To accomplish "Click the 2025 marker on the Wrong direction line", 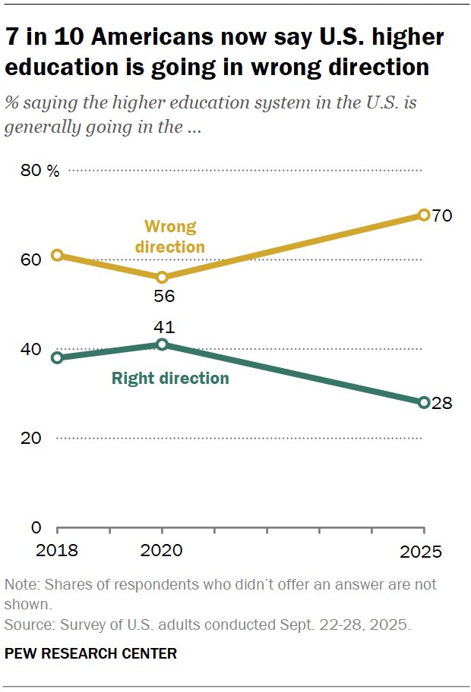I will [424, 215].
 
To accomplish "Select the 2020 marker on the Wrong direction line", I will [162, 277].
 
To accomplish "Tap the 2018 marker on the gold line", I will [57, 255].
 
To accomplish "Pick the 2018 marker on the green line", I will [57, 357].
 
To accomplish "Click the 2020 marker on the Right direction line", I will [162, 344].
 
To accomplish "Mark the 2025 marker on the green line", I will [424, 402].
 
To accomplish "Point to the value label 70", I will [442, 215].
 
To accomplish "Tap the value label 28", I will [442, 403].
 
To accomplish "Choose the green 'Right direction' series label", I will [170, 378].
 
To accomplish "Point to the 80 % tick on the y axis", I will [40, 171].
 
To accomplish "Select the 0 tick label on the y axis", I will [34, 527].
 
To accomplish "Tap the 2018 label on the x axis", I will [58, 550].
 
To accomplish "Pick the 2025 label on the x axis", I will [421, 550].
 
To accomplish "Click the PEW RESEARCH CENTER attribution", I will [90, 653].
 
